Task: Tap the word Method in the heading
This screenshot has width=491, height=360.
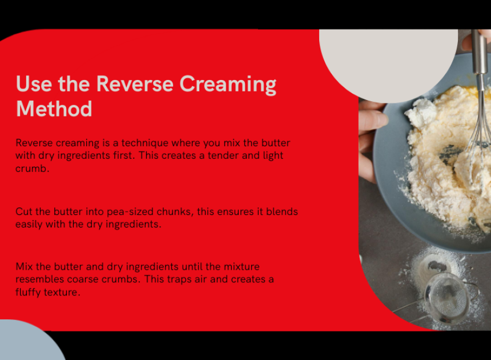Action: (54, 109)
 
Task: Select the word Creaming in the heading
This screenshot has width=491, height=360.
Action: (228, 85)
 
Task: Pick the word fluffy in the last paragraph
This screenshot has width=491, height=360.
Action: (28, 292)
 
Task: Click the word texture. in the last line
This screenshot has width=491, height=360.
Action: (62, 292)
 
